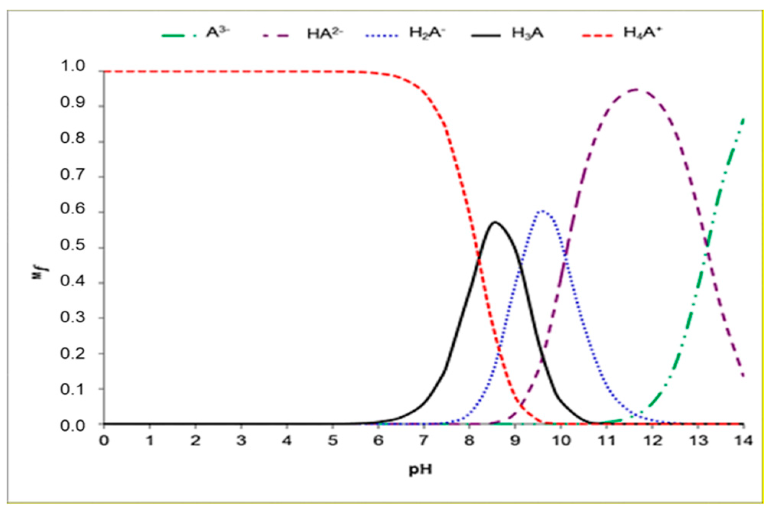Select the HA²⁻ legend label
pyautogui.click(x=325, y=34)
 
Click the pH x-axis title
pyautogui.click(x=420, y=469)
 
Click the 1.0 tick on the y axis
pyautogui.click(x=73, y=67)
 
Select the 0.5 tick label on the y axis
pyautogui.click(x=73, y=246)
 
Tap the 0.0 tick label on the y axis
pyautogui.click(x=73, y=425)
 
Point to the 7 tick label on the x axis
pyautogui.click(x=423, y=441)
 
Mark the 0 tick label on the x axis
pyautogui.click(x=104, y=441)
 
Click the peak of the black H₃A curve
pyautogui.click(x=495, y=222)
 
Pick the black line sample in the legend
pyautogui.click(x=485, y=35)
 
